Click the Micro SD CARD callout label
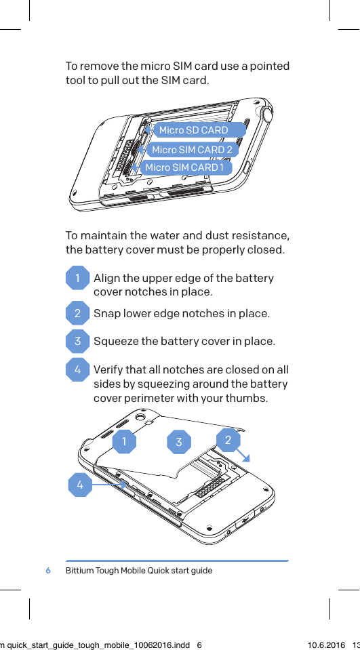pos(194,130)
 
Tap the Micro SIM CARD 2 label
pos(192,150)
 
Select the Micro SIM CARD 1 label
pos(183,167)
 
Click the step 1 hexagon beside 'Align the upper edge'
pos(78,279)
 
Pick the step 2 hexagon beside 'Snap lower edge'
pos(78,313)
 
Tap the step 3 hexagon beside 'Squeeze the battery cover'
pos(78,341)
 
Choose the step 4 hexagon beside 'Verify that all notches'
pos(78,370)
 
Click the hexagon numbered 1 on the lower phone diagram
pos(123,442)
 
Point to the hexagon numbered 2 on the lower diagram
pos(228,441)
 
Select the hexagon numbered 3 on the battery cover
pos(179,443)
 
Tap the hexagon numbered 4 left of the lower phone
pos(80,485)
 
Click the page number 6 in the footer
pos(48,571)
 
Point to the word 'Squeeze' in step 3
pos(115,341)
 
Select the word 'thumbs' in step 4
pos(248,398)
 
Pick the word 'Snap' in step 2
pos(106,313)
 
